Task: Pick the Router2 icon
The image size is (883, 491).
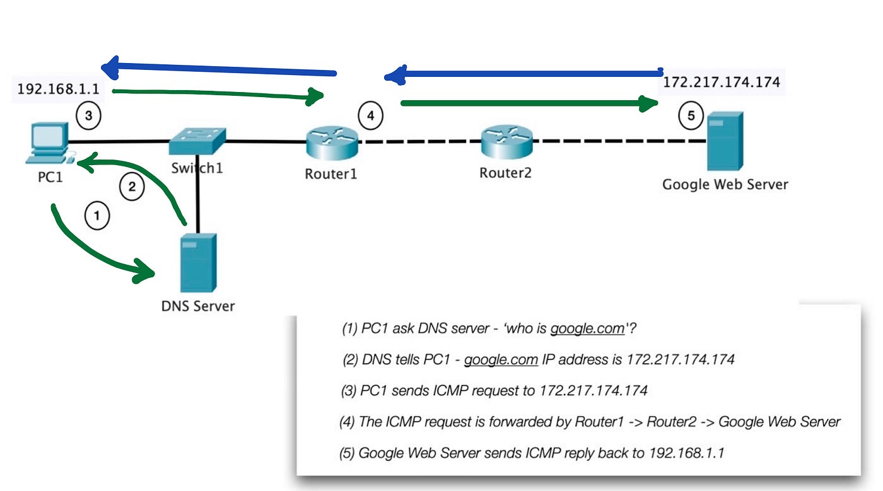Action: point(506,142)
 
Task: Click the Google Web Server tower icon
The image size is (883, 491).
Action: point(724,141)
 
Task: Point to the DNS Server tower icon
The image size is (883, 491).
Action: point(198,262)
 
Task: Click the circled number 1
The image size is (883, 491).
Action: point(96,216)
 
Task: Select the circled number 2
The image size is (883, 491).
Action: point(132,187)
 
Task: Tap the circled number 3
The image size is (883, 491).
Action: point(88,115)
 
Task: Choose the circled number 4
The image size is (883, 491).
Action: point(371,115)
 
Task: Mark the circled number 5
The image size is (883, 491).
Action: point(691,115)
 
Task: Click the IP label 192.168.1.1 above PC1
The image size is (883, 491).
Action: point(58,89)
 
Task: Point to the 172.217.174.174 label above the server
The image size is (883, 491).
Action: point(722,82)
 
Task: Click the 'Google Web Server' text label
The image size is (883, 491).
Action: point(725,185)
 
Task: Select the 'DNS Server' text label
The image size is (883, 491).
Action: point(197,306)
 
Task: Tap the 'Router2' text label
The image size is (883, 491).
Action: point(505,172)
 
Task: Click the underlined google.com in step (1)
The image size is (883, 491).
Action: point(587,329)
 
